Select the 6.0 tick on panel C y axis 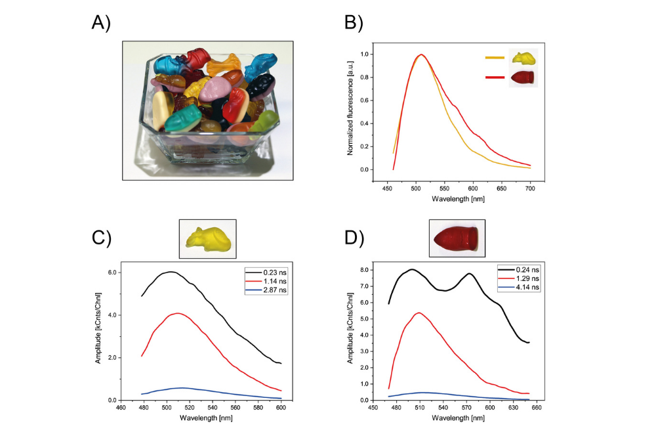(x=112, y=273)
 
